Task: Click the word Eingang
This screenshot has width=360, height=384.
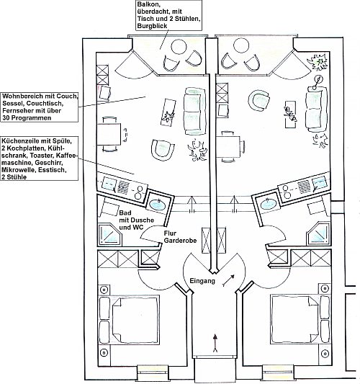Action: [x=202, y=281]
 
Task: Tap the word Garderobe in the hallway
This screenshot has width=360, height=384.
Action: [x=180, y=241]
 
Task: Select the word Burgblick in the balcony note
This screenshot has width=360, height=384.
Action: [x=152, y=26]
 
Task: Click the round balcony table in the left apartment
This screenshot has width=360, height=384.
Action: [x=179, y=47]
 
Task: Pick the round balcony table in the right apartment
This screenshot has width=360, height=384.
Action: [x=241, y=45]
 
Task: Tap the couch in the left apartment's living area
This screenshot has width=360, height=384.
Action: [x=195, y=111]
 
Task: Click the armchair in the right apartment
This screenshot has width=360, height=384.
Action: [x=259, y=101]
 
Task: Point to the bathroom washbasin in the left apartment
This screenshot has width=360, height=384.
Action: [x=157, y=204]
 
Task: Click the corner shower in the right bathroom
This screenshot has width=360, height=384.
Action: [x=318, y=233]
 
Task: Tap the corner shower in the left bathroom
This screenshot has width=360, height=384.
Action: [x=110, y=235]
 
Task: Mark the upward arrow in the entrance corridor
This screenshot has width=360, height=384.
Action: [x=215, y=343]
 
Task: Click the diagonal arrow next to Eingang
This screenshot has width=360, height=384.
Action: [x=228, y=280]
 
